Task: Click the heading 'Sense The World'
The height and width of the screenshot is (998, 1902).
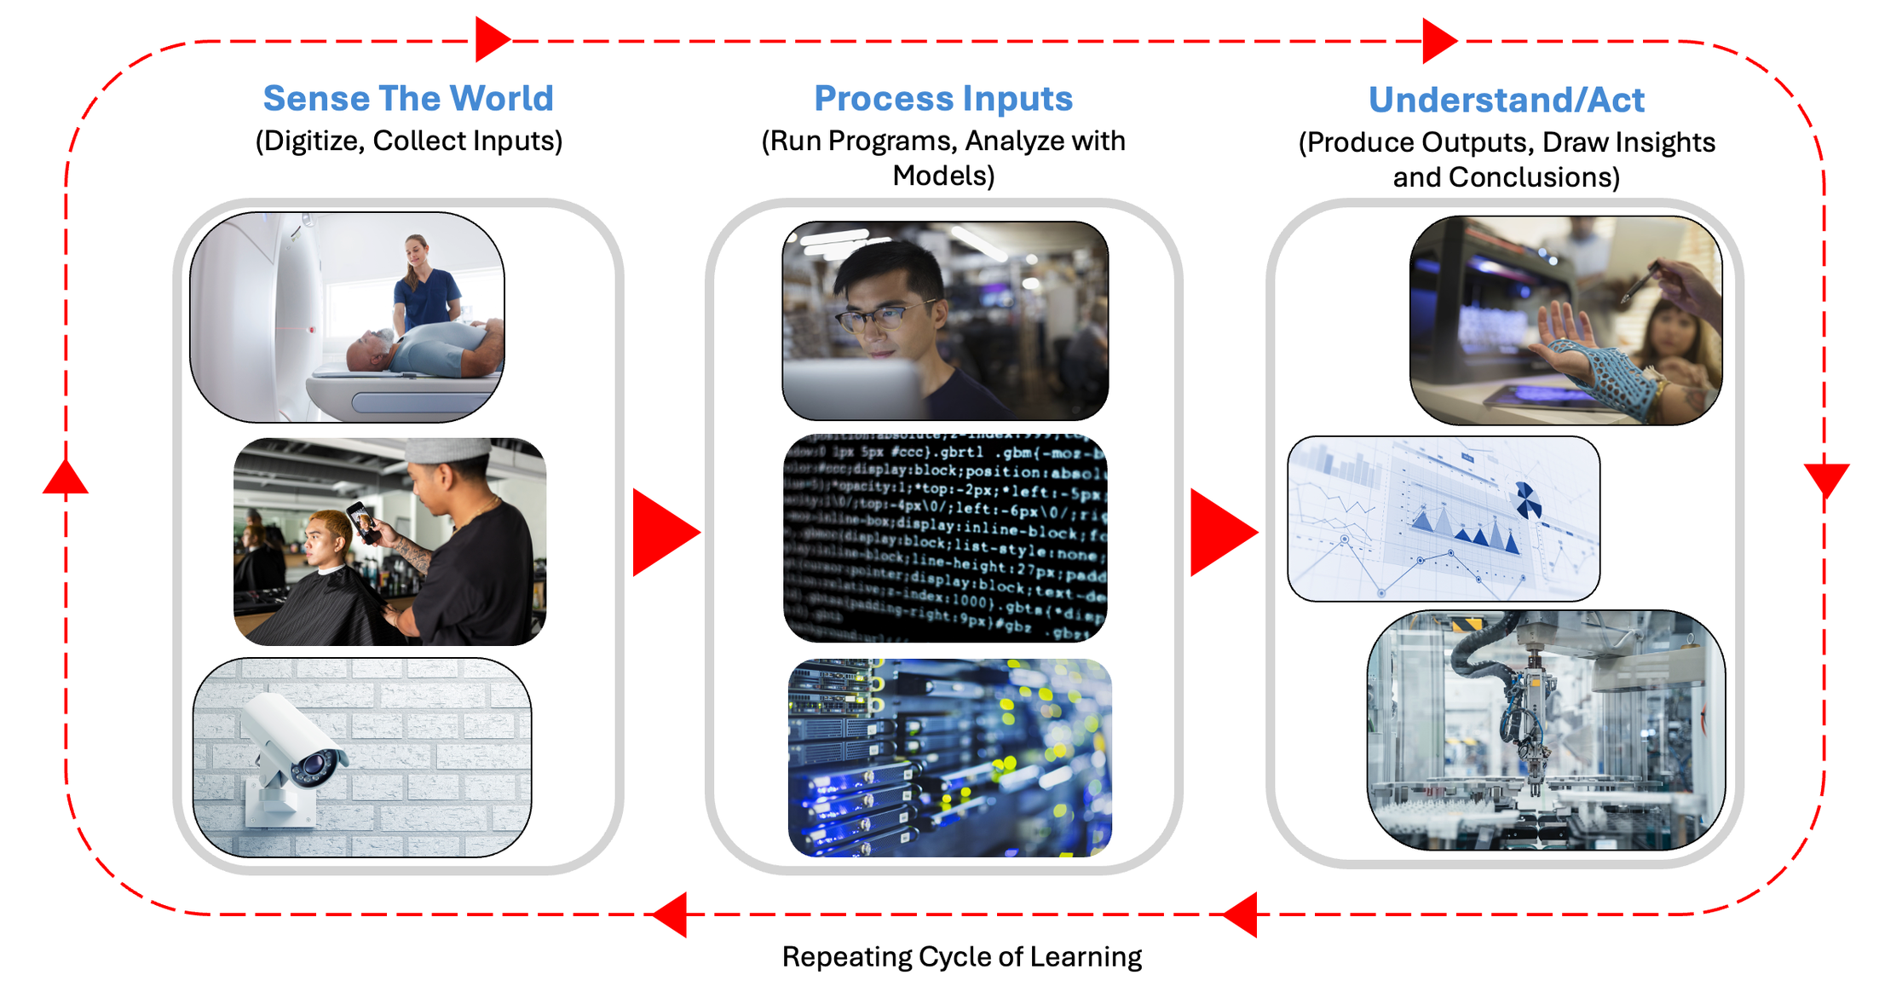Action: [x=408, y=99]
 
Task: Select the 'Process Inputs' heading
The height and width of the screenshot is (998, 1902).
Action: [x=943, y=99]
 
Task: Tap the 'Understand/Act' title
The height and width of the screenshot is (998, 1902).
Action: [x=1506, y=101]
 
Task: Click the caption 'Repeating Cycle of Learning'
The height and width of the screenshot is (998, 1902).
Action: [x=961, y=957]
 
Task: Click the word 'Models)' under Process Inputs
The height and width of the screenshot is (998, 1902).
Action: [x=943, y=176]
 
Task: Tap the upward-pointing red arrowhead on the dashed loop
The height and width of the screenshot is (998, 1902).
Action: [x=66, y=478]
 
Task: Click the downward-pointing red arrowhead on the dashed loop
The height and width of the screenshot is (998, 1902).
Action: [x=1825, y=479]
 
